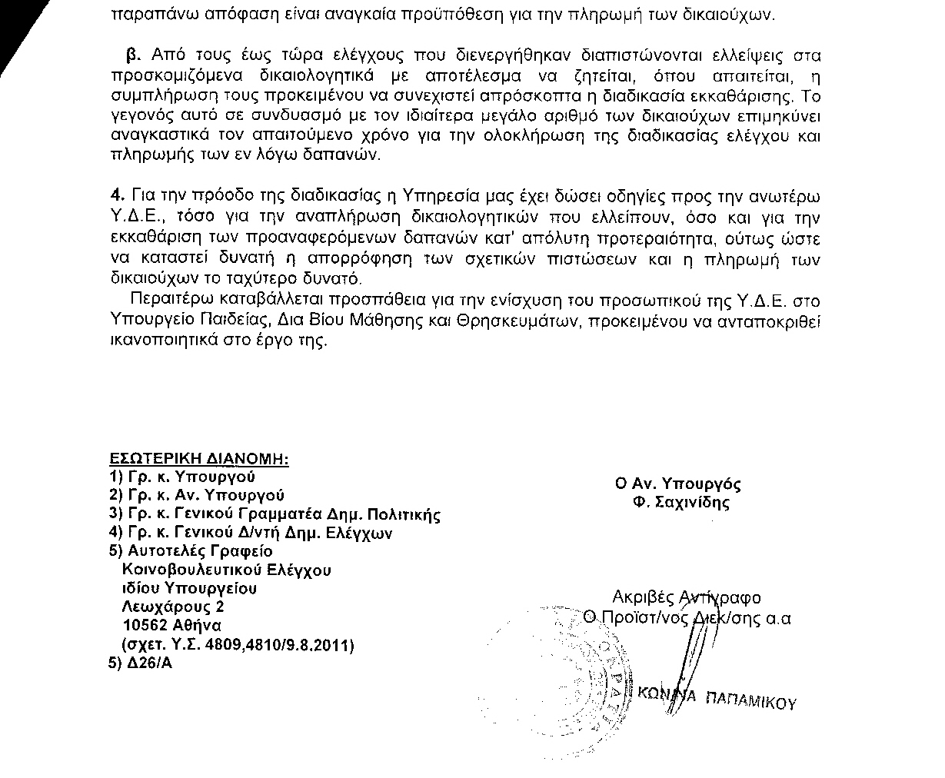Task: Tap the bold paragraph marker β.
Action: [131, 55]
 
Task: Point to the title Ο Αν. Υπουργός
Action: [677, 484]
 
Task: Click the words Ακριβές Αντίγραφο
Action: [687, 597]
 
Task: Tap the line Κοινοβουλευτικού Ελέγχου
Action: [228, 570]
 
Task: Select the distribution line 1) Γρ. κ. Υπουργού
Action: [183, 477]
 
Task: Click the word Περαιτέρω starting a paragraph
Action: [168, 300]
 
